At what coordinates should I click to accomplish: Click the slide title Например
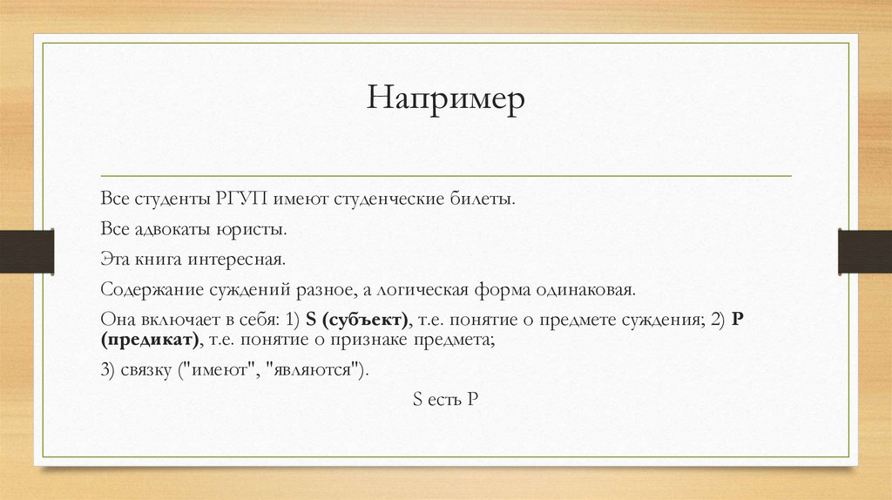tap(445, 98)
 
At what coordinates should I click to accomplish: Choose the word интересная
tap(240, 259)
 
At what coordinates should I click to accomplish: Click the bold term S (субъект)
tap(357, 319)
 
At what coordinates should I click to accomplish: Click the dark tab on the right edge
tap(864, 251)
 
